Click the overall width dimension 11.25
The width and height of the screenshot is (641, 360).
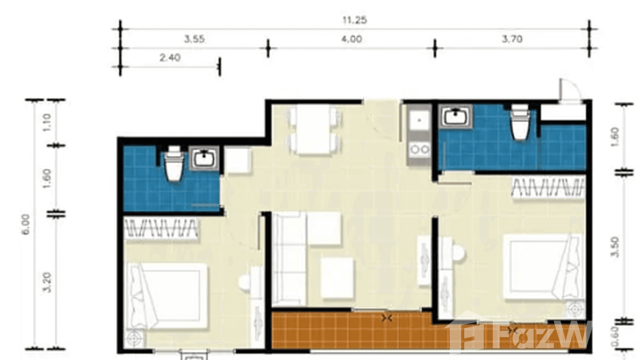tap(354, 21)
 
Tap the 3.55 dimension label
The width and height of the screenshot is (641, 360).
tap(195, 40)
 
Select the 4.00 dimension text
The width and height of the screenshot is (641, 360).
tap(352, 40)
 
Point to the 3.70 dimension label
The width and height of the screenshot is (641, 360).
tap(512, 40)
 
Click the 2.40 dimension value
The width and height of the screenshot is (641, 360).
tap(170, 58)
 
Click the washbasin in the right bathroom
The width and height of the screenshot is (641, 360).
tap(456, 116)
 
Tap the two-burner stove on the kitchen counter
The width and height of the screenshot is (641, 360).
tap(419, 149)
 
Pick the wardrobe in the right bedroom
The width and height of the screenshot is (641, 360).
tap(548, 187)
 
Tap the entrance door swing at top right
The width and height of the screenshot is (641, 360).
tap(570, 90)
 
